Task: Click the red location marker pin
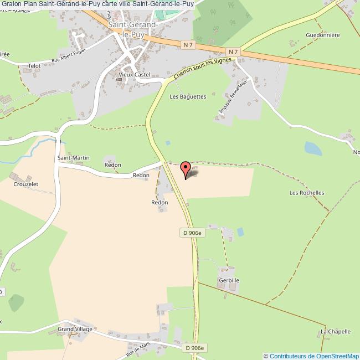click(x=186, y=168)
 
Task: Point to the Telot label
click(x=34, y=65)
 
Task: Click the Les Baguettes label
click(x=188, y=96)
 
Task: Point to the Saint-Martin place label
click(x=74, y=158)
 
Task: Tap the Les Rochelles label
click(x=306, y=193)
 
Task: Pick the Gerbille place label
click(x=228, y=281)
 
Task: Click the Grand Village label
click(x=75, y=329)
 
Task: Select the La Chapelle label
click(x=335, y=332)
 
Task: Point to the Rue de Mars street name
click(x=138, y=348)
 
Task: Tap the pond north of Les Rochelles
click(x=312, y=148)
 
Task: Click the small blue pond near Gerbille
click(x=240, y=232)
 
